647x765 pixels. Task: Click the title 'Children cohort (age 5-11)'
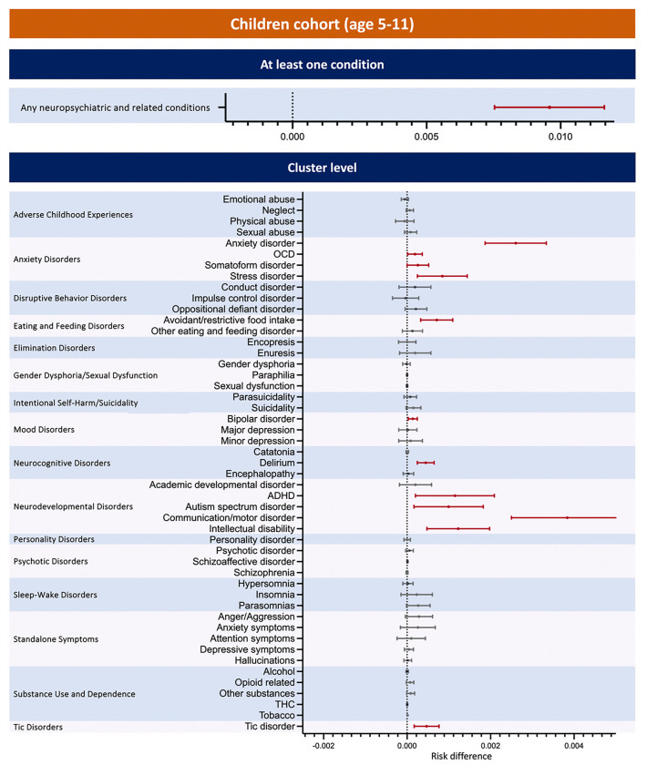click(x=323, y=23)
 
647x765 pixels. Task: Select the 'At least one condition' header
click(x=323, y=65)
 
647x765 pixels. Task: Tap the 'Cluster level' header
click(x=323, y=168)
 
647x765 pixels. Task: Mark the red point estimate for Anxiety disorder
click(x=516, y=243)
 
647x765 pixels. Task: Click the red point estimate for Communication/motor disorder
click(x=567, y=517)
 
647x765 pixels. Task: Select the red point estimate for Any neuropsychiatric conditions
click(x=549, y=107)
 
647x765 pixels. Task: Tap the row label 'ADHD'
click(x=277, y=495)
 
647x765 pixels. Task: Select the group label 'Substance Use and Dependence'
click(x=74, y=693)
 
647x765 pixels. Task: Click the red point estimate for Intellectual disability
click(x=458, y=528)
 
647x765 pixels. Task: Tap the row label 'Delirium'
click(x=272, y=463)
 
